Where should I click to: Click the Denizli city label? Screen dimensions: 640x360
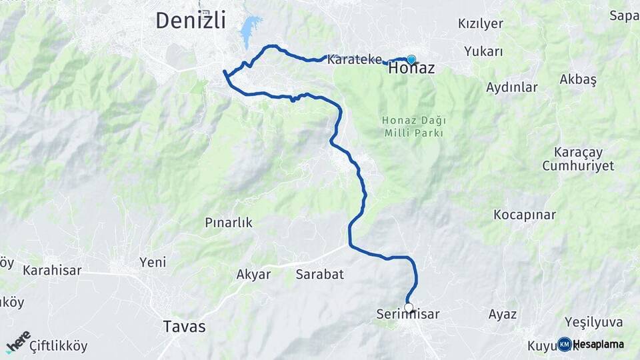coord(191,20)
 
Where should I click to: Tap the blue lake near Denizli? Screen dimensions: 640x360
coord(249,30)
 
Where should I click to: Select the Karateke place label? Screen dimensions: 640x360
coord(354,59)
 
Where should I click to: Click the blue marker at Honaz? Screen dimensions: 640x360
coord(411,59)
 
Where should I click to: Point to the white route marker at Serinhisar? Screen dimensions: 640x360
coord(409,307)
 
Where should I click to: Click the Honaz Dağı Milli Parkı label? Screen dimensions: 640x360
coord(414,127)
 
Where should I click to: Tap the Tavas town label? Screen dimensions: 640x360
coord(185,327)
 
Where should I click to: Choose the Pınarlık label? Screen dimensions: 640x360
coord(229,223)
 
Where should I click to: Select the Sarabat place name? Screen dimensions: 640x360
coord(319,274)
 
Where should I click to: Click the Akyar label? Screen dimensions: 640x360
coord(254,274)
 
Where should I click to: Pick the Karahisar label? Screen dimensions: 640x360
coord(52,270)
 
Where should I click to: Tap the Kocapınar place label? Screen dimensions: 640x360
coord(525,215)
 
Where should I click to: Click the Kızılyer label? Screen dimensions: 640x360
coord(481,23)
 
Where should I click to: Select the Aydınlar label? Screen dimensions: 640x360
coord(512,87)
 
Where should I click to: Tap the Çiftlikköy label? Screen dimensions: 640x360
coord(58,345)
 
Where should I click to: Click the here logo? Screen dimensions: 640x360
coord(18,341)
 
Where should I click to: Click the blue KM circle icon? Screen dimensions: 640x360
coord(565,344)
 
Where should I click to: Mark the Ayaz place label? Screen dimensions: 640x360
coord(503,314)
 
